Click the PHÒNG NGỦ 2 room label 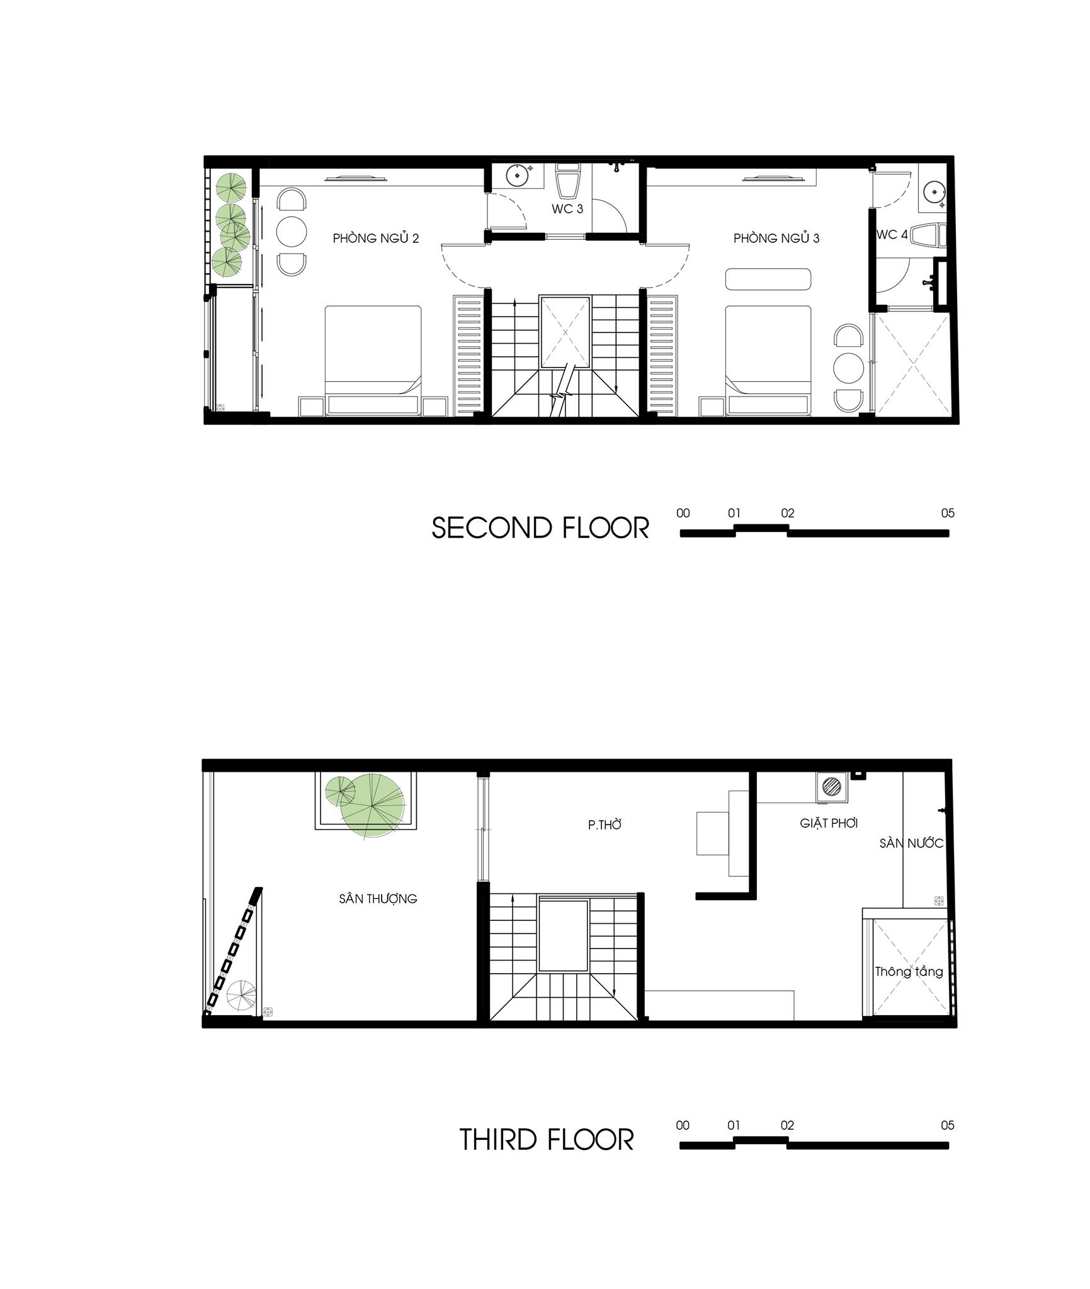coord(376,238)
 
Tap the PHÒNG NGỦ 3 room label coord(776,238)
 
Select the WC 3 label coord(567,209)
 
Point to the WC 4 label coord(892,235)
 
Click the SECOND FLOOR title coord(540,528)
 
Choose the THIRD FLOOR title coord(547,1140)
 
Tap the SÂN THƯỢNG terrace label coord(378,898)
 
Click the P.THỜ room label coord(605,825)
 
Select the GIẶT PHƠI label coord(829,823)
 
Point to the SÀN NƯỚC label coord(911,843)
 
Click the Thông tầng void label coord(909,971)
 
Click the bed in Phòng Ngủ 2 coord(373,360)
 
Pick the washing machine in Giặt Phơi coord(832,787)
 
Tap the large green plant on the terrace coord(372,806)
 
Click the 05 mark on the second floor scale coord(948,513)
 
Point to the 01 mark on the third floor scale coord(734,1125)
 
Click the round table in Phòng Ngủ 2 coord(292,232)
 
